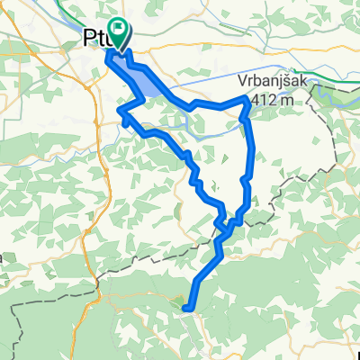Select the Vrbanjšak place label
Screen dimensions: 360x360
tap(268, 80)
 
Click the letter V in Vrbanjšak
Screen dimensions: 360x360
tap(244, 80)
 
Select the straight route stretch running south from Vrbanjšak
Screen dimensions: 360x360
tap(250, 148)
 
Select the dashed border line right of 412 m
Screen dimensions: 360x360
tap(315, 101)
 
